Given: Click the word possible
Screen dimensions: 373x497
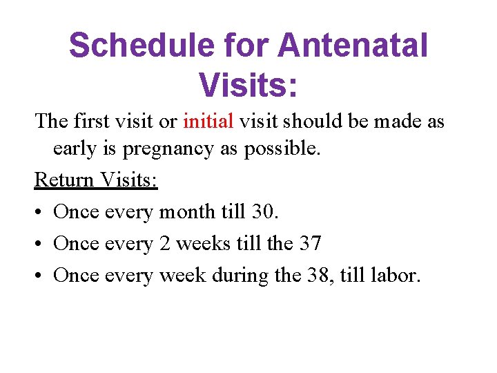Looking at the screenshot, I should [282, 149].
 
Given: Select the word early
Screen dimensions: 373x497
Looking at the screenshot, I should [75, 149].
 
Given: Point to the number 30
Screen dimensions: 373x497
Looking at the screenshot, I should [264, 211].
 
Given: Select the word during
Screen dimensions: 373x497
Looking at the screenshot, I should [240, 275].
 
